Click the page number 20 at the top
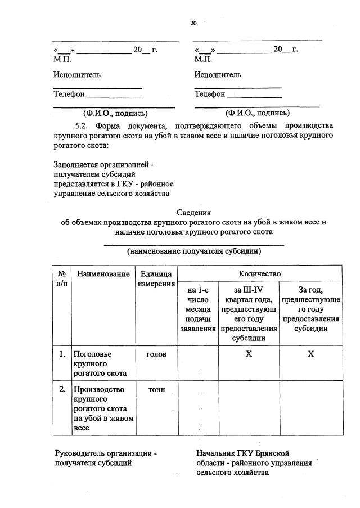(193, 23)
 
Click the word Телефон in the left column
(69, 94)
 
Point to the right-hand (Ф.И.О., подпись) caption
(257, 113)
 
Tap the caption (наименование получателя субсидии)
(193, 251)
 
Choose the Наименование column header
(103, 273)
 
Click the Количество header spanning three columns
(259, 273)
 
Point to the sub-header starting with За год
(310, 309)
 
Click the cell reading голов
(156, 354)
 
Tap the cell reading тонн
(156, 390)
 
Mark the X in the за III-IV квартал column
(249, 354)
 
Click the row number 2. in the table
(62, 389)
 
